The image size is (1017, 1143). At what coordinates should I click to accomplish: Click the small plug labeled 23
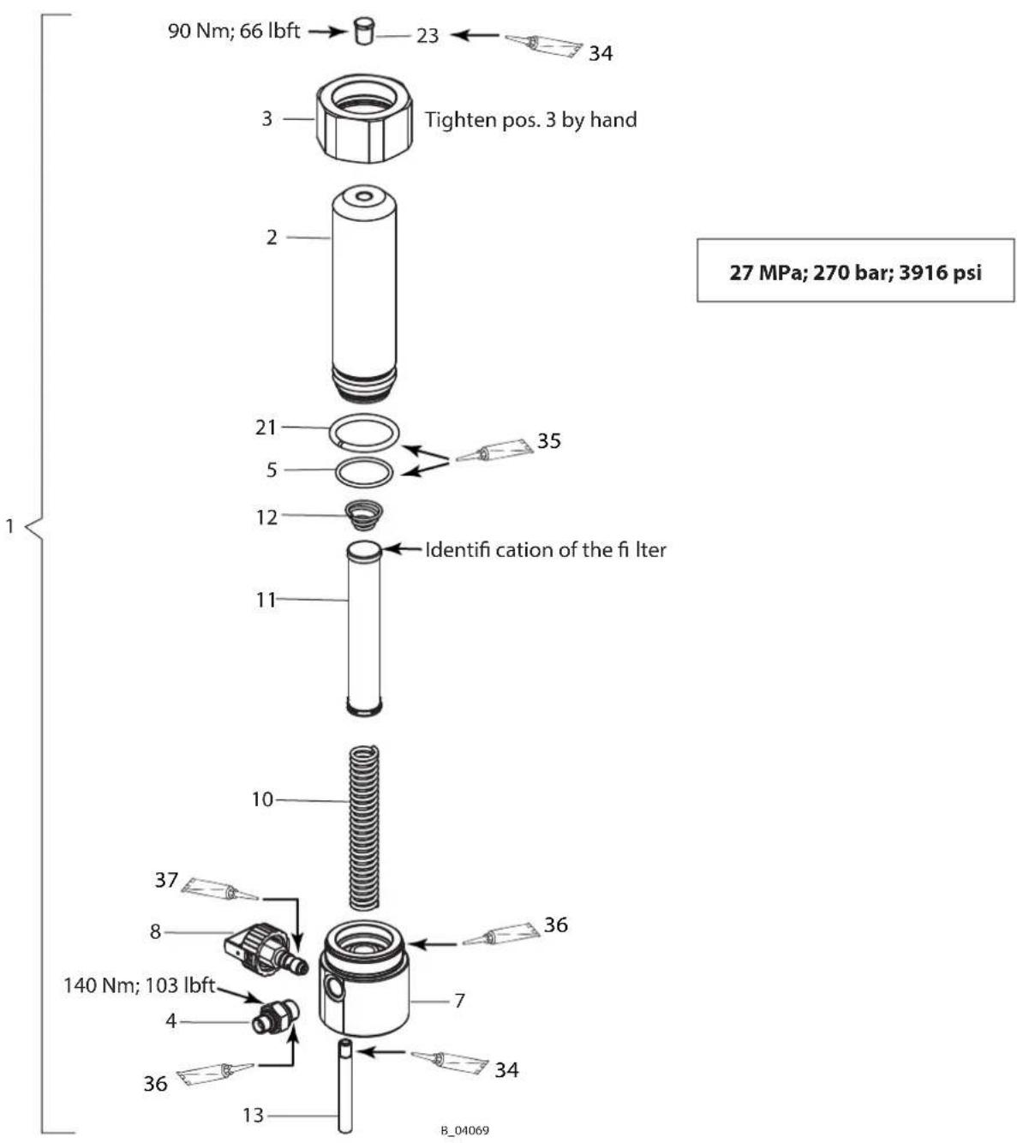pos(364,31)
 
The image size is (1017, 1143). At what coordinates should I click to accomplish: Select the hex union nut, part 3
pos(364,119)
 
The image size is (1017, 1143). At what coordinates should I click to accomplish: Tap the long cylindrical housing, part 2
pos(364,293)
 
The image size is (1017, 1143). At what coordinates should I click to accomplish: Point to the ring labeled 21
pos(364,433)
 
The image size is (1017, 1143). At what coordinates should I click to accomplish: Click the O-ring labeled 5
pos(364,471)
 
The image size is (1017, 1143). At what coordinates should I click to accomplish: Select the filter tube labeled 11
pos(364,629)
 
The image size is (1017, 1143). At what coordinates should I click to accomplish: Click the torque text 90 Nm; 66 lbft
pos(234,31)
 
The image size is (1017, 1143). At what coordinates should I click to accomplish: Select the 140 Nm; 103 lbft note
pos(140,985)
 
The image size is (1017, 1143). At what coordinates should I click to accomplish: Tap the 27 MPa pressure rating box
pos(855,270)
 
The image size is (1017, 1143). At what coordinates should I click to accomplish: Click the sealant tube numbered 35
pos(494,450)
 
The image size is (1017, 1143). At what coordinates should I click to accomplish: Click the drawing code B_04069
pos(464,1130)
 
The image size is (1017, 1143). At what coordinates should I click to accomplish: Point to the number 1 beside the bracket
pos(9,526)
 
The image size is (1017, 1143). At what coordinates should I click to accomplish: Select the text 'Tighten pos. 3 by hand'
pos(531,120)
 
